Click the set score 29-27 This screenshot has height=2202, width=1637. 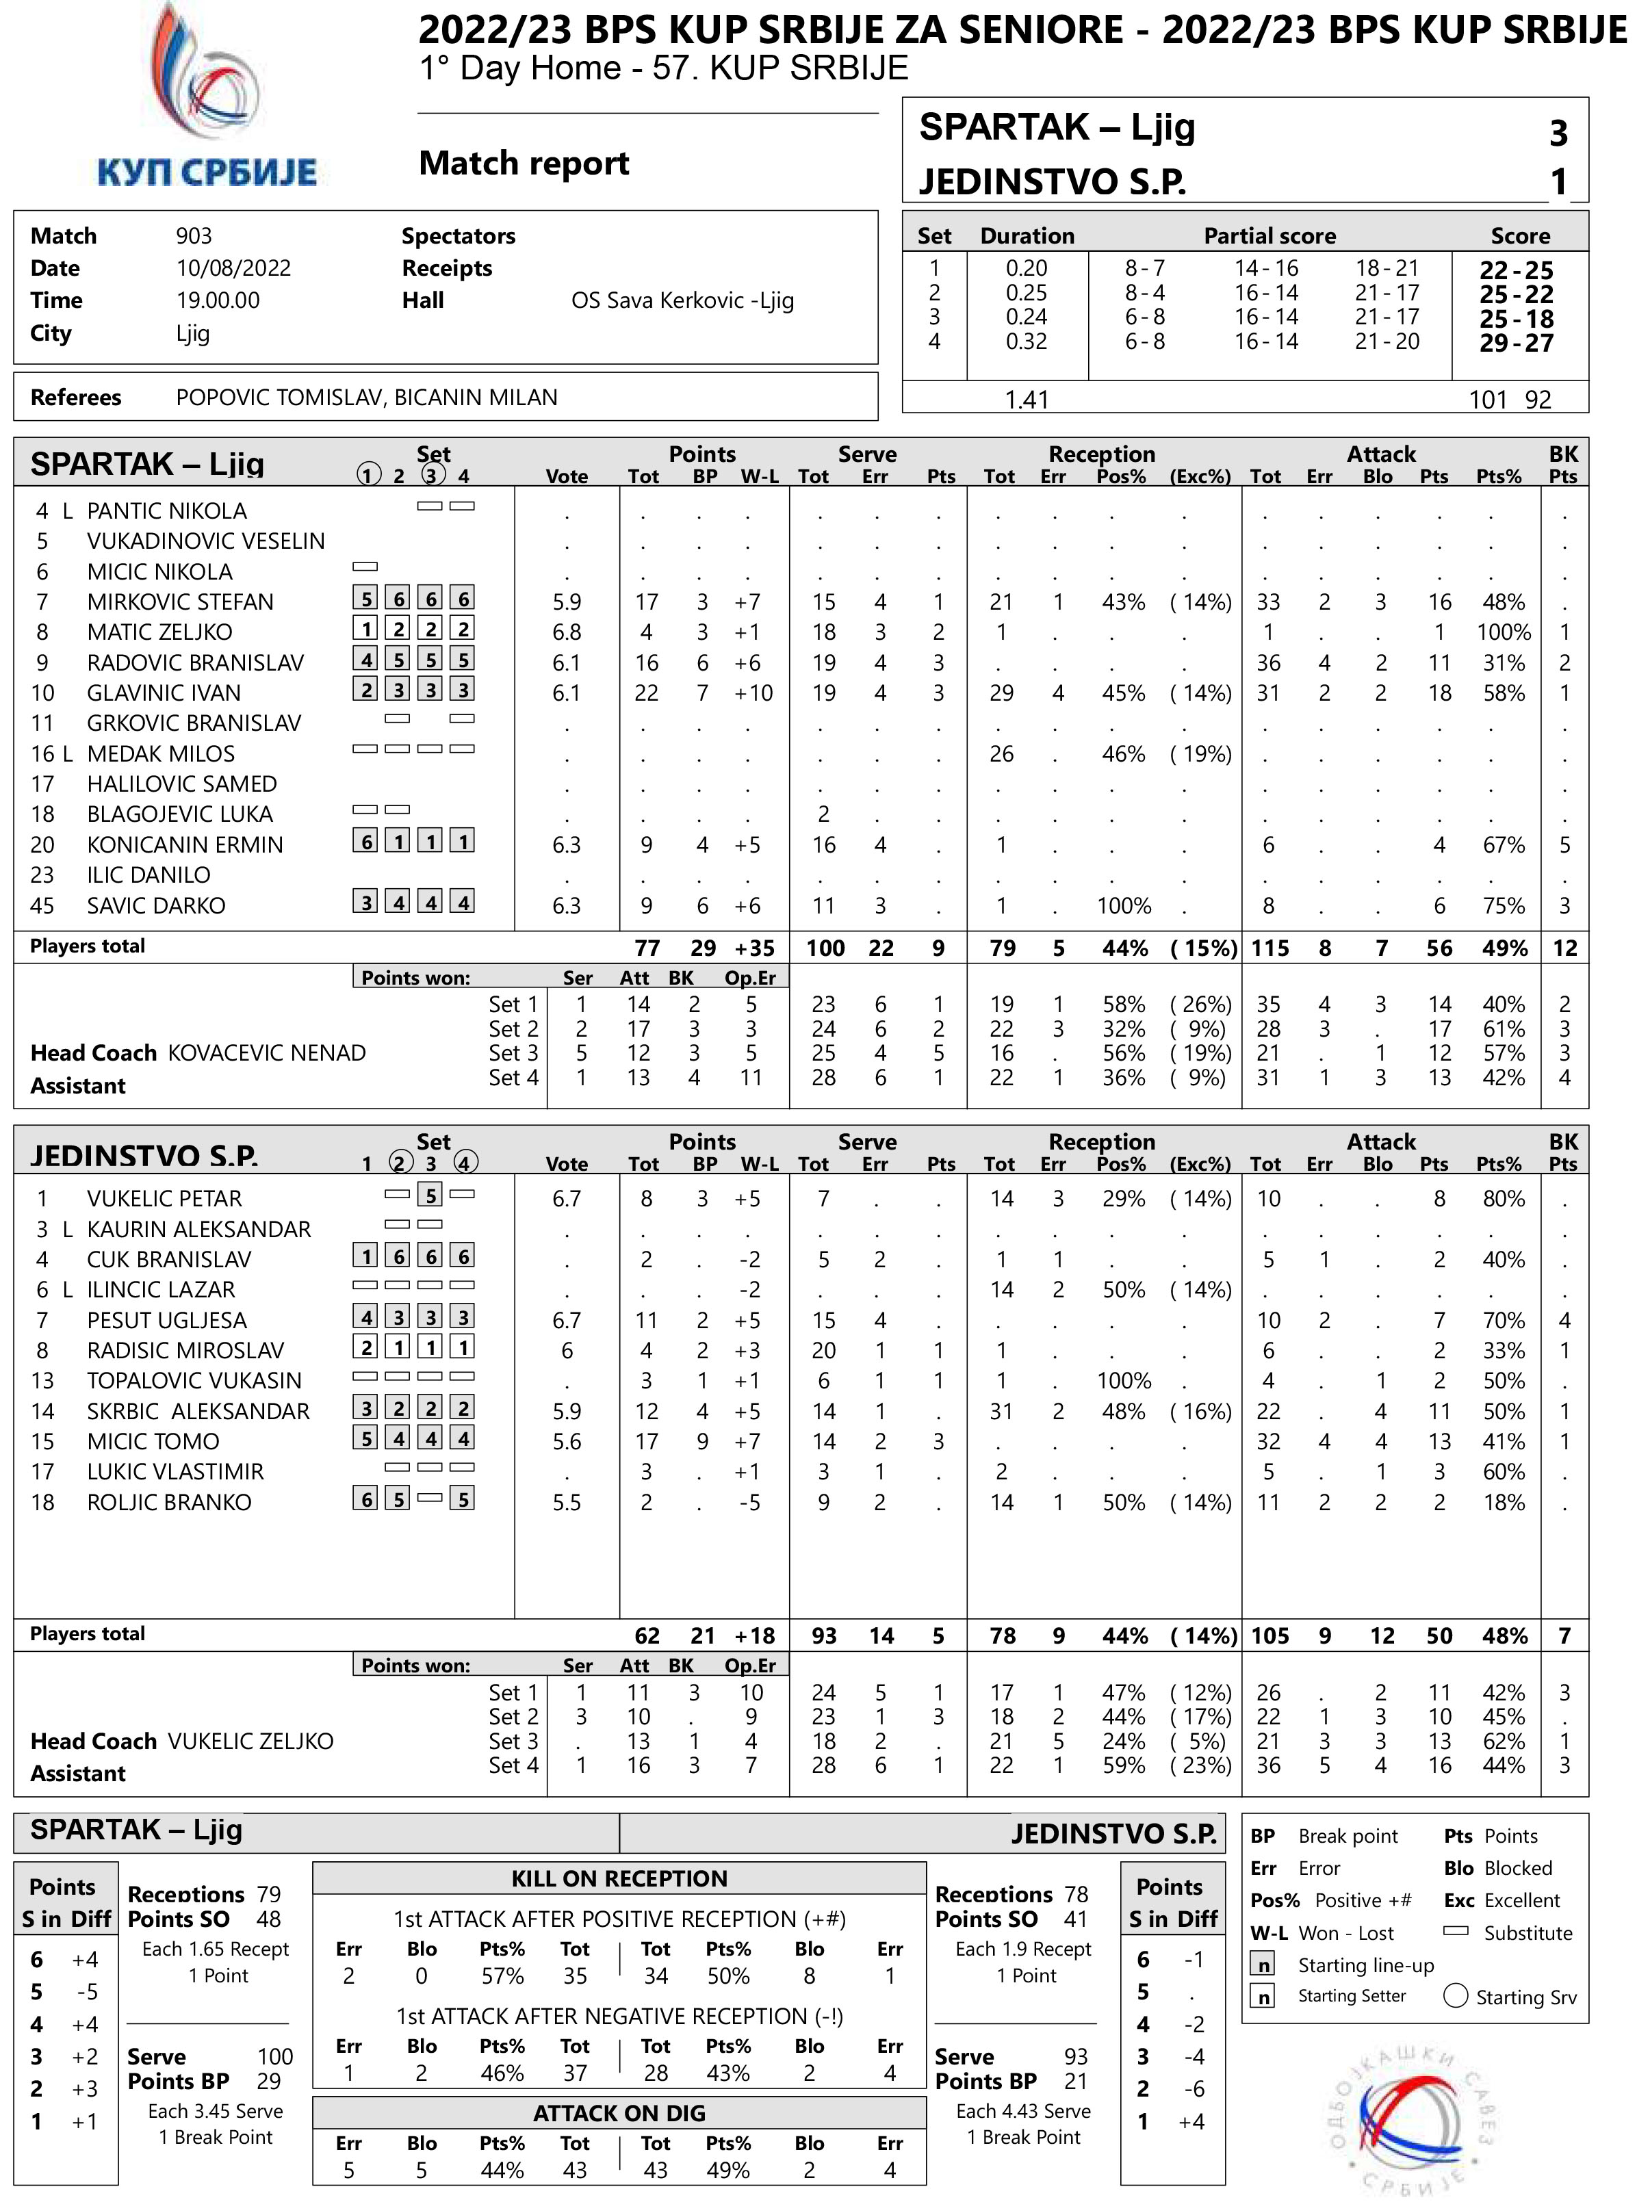tap(1516, 343)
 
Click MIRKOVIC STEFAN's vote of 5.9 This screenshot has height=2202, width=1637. tap(566, 602)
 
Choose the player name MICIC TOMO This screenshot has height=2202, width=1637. tap(153, 1441)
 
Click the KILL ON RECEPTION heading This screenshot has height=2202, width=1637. tap(619, 1878)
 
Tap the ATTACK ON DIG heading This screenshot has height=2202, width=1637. tap(619, 2113)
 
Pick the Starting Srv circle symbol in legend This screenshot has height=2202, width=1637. tap(1455, 1995)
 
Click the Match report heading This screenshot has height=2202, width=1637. tap(524, 162)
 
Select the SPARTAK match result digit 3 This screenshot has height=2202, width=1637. tap(1558, 133)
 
